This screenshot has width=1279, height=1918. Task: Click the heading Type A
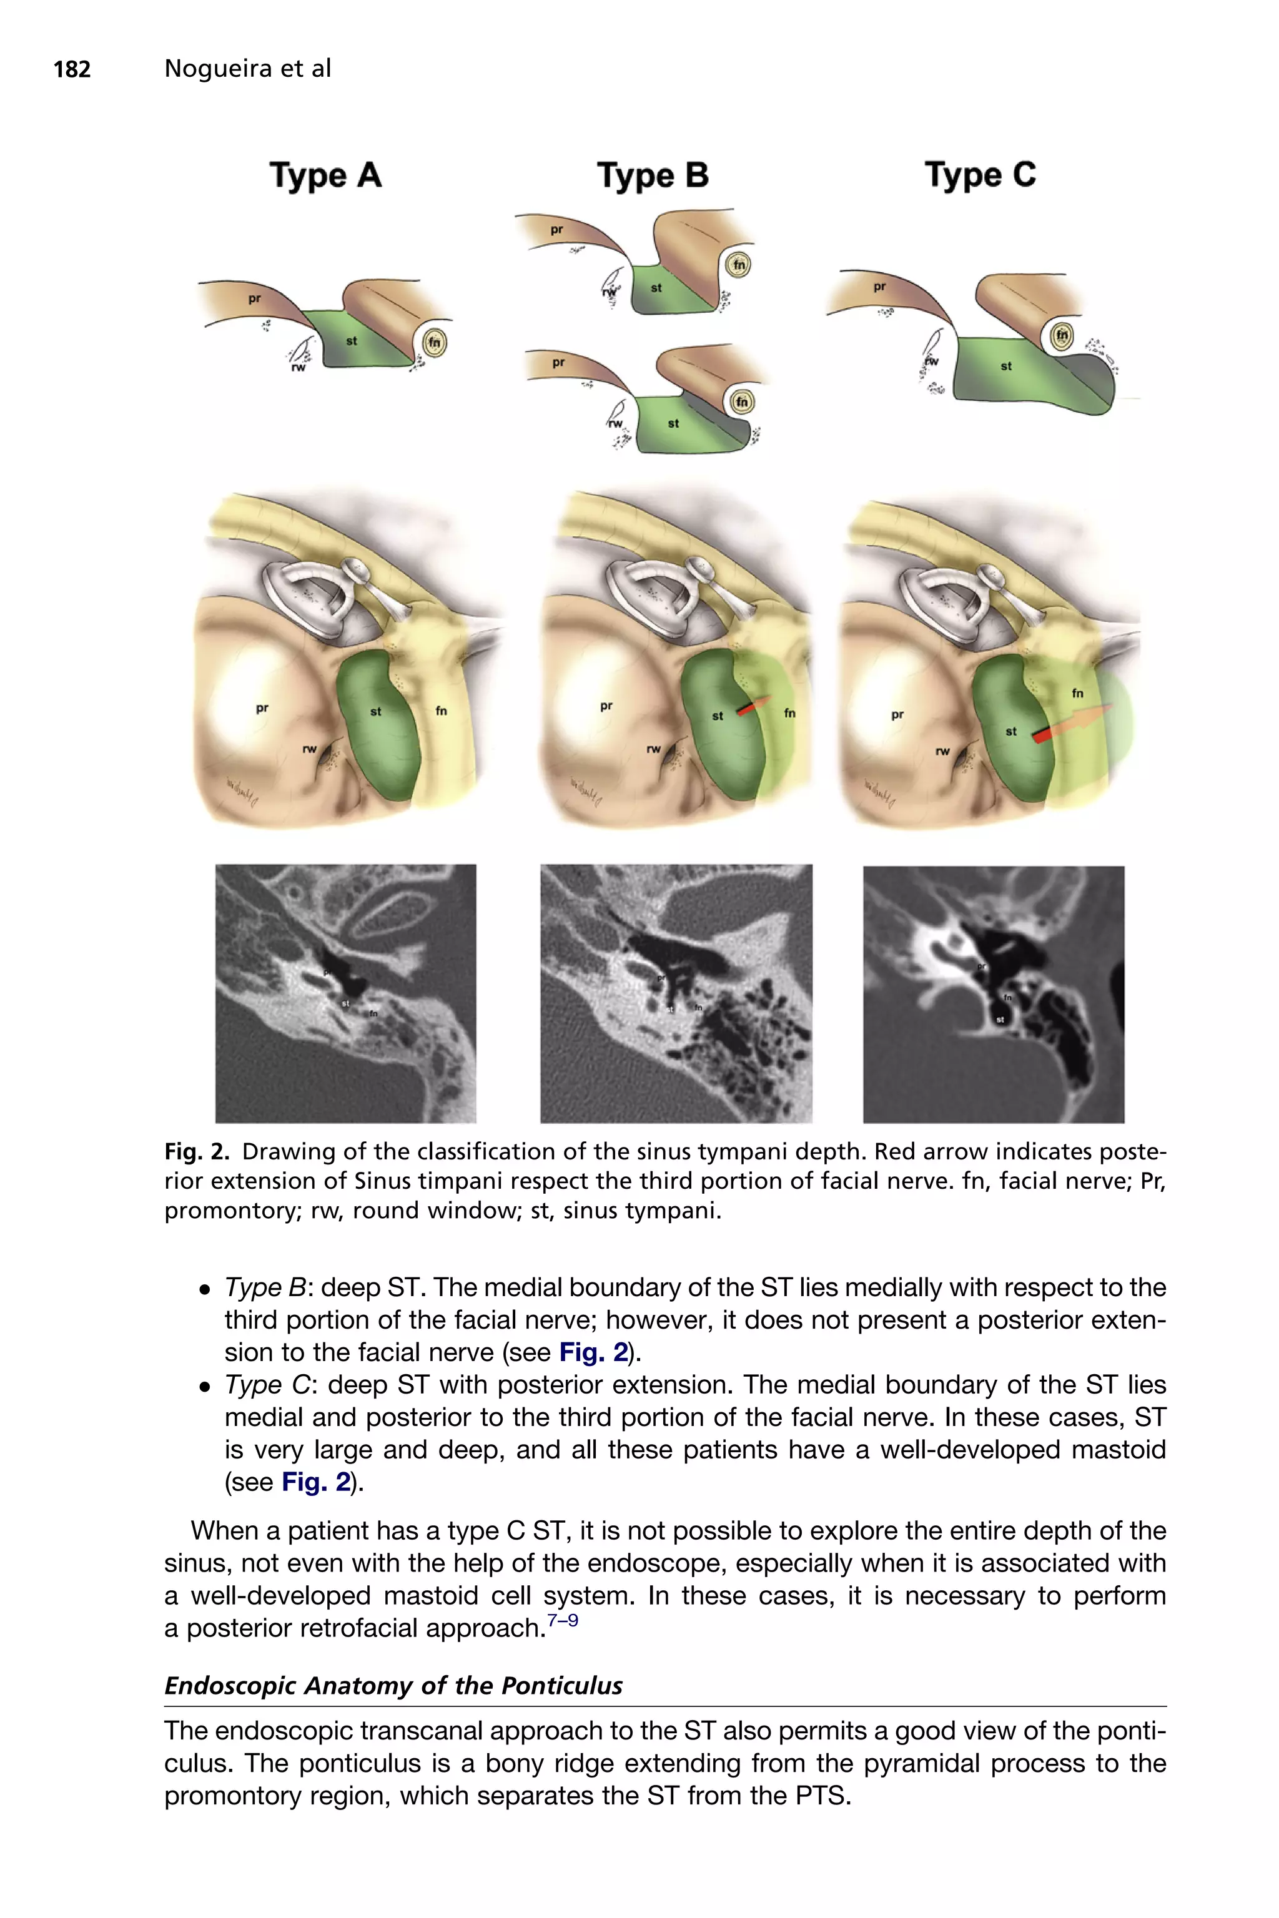(325, 175)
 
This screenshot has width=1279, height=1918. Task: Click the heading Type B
(653, 175)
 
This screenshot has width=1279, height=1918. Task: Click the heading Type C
(980, 175)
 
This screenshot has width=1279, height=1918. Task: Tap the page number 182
(72, 69)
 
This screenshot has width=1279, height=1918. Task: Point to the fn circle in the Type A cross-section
(435, 343)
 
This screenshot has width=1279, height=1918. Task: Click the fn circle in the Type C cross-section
(1061, 335)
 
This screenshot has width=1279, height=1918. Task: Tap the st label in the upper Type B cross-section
(656, 288)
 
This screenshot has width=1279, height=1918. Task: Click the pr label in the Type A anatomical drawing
(262, 708)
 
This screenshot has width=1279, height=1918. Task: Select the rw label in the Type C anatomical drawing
(942, 751)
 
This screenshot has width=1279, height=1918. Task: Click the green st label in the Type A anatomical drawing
(375, 711)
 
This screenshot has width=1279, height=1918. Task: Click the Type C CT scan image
(994, 993)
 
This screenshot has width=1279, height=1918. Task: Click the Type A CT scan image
(345, 993)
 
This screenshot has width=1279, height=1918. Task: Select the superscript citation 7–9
(563, 1620)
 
